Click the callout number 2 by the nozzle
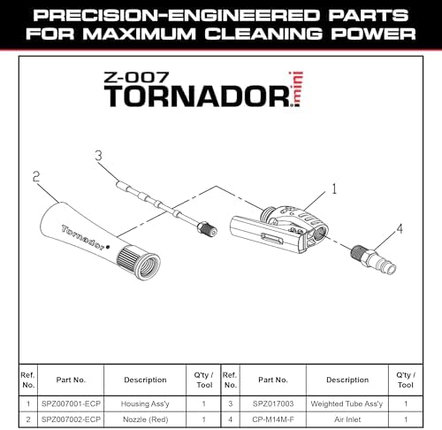(x=36, y=176)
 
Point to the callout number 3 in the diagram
(x=99, y=156)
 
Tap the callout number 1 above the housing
(x=334, y=188)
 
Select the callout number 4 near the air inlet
(x=400, y=228)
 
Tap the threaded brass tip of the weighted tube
(x=207, y=228)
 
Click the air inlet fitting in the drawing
(x=373, y=260)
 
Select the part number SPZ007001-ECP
(x=71, y=403)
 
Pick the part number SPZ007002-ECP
(x=71, y=419)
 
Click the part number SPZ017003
(x=273, y=403)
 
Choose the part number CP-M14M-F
(x=273, y=419)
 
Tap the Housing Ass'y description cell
(x=145, y=403)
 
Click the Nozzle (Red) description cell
(x=145, y=419)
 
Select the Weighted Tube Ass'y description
(x=347, y=403)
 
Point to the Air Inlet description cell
(x=347, y=419)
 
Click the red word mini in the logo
(x=297, y=88)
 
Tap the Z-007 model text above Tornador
(x=136, y=77)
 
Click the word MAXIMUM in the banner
(x=139, y=34)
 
